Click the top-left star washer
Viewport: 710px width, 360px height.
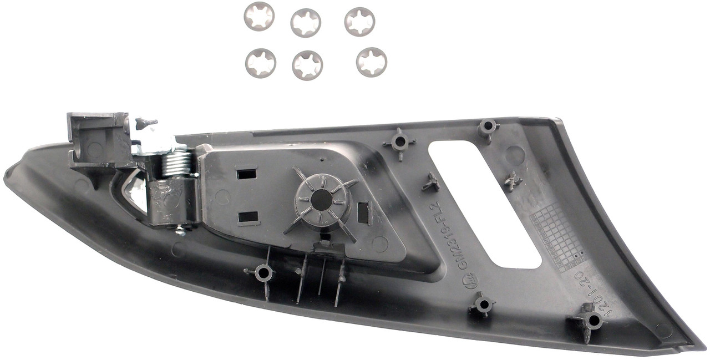[x=259, y=16]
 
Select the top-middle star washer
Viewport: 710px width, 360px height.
[x=306, y=23]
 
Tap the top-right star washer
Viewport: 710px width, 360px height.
[x=359, y=22]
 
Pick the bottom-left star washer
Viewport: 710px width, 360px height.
[x=261, y=63]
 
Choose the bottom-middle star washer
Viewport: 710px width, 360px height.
[x=307, y=65]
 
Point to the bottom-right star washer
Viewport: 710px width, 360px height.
[x=372, y=62]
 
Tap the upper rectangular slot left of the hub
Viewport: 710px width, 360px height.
[x=246, y=174]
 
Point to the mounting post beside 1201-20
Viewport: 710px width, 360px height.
[x=594, y=320]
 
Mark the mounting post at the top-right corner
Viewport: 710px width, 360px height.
[x=488, y=127]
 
